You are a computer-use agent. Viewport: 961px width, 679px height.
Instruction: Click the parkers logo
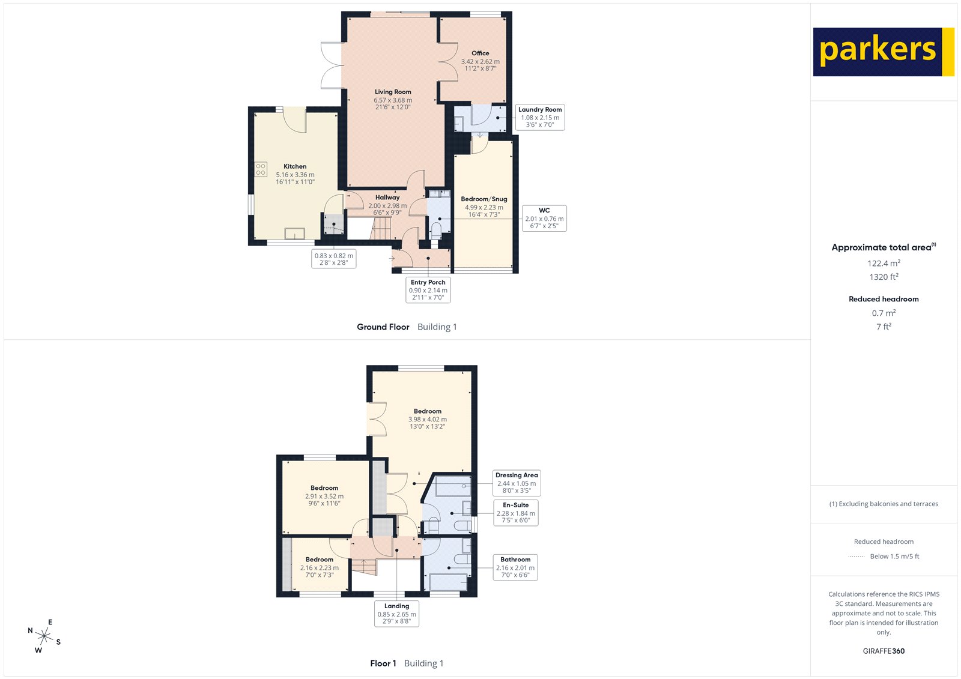[883, 52]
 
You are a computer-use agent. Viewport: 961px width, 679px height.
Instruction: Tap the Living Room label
[393, 92]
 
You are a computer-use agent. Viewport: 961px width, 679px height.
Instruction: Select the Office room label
[480, 53]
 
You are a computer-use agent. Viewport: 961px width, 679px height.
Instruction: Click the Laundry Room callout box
[540, 117]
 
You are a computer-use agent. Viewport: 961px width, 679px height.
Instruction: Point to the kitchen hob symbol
[261, 169]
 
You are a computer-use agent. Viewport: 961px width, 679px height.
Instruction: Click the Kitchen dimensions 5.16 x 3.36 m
[295, 175]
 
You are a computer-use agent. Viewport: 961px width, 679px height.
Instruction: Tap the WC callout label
[544, 218]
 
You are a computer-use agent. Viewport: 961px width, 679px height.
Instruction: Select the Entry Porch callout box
[428, 290]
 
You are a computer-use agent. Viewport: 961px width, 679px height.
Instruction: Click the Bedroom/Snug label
[484, 199]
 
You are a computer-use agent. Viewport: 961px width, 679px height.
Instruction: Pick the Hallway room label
[387, 198]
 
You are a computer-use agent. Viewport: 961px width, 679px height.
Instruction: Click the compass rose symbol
[44, 636]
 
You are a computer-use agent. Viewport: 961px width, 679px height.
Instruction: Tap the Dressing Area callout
[517, 483]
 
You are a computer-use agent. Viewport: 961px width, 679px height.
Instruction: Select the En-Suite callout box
[515, 513]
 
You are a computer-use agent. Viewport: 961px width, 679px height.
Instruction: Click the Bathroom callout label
[515, 567]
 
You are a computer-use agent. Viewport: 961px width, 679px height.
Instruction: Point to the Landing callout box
[396, 614]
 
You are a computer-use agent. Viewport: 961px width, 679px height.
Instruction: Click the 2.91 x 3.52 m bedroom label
[324, 496]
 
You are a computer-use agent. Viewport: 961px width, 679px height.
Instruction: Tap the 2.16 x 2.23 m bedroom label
[319, 567]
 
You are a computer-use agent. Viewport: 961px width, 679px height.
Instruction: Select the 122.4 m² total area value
[883, 264]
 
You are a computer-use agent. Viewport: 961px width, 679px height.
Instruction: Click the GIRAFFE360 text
[883, 651]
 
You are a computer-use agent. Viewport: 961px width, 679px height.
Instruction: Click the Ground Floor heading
[383, 327]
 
